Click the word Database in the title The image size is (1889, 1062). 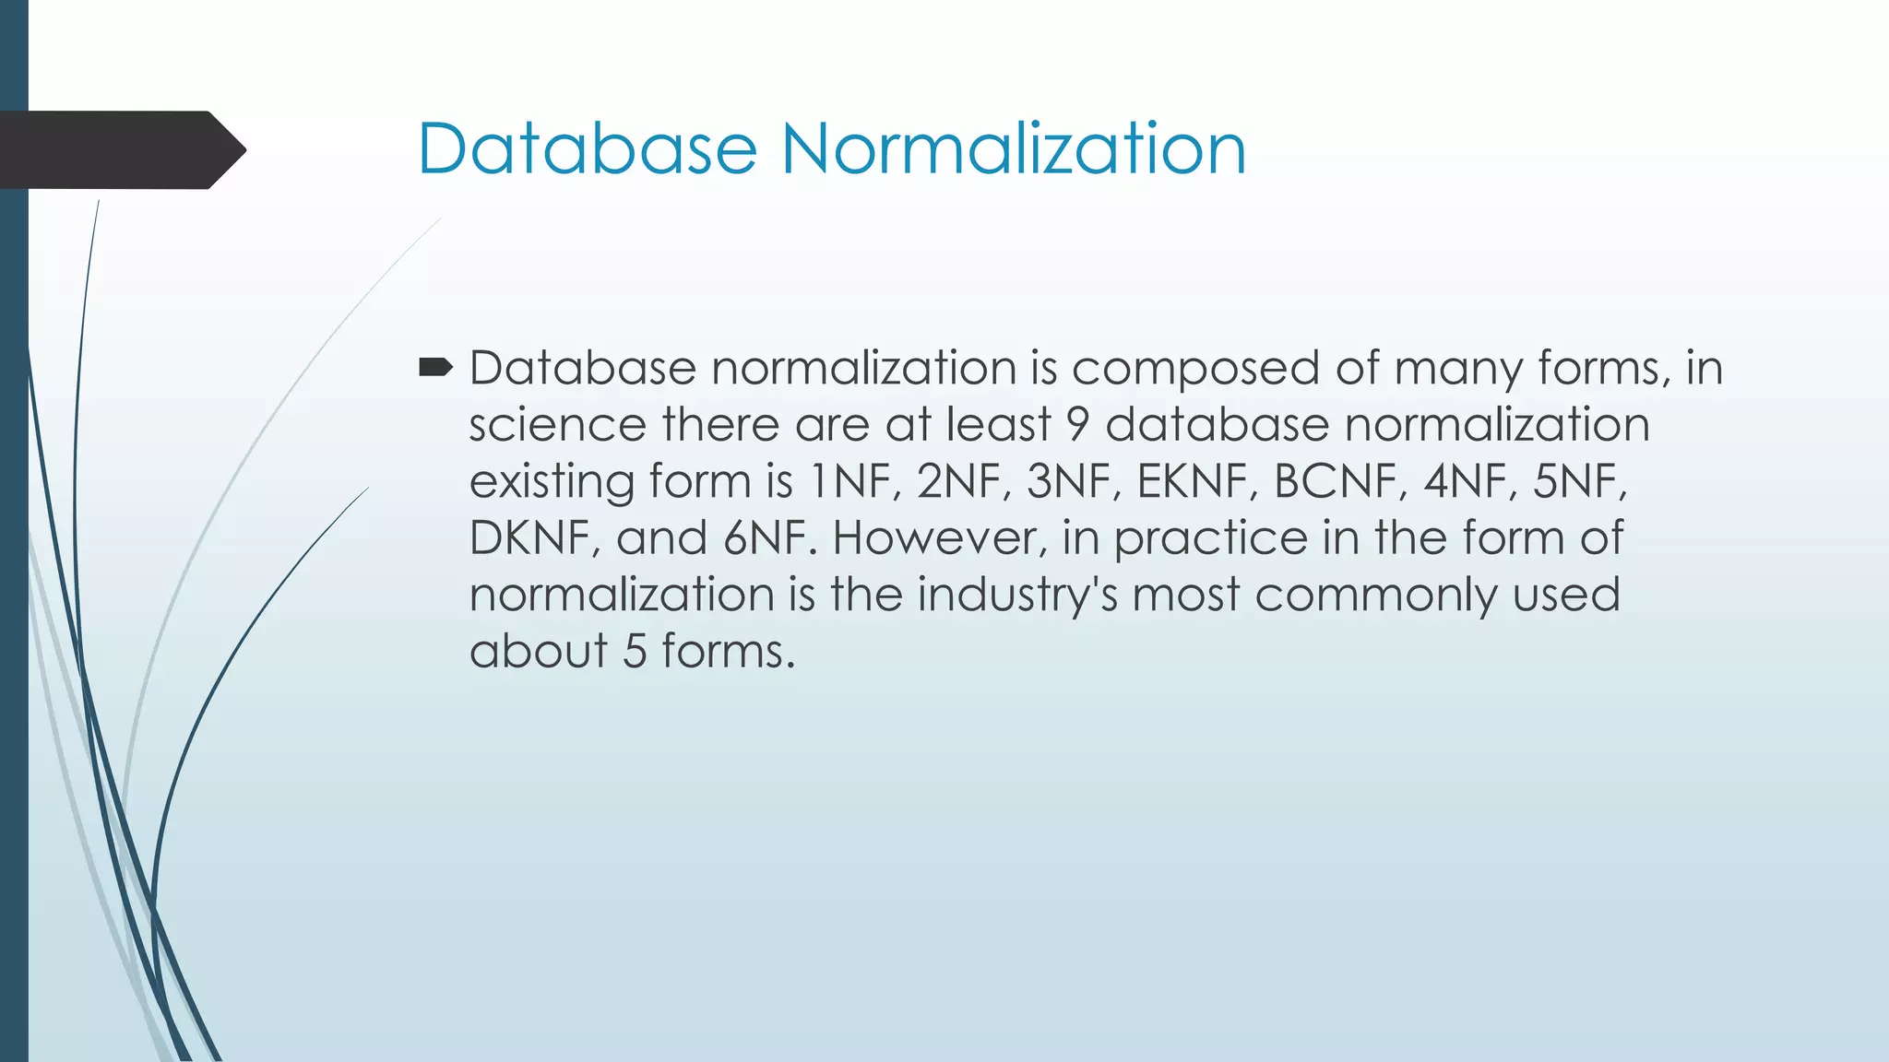[x=587, y=148]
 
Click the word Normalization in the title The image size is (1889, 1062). [x=1014, y=148]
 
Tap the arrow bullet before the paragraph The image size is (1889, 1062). [x=434, y=369]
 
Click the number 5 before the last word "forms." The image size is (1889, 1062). [x=635, y=652]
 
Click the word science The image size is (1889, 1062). [x=557, y=425]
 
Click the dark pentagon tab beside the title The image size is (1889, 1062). [x=120, y=150]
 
